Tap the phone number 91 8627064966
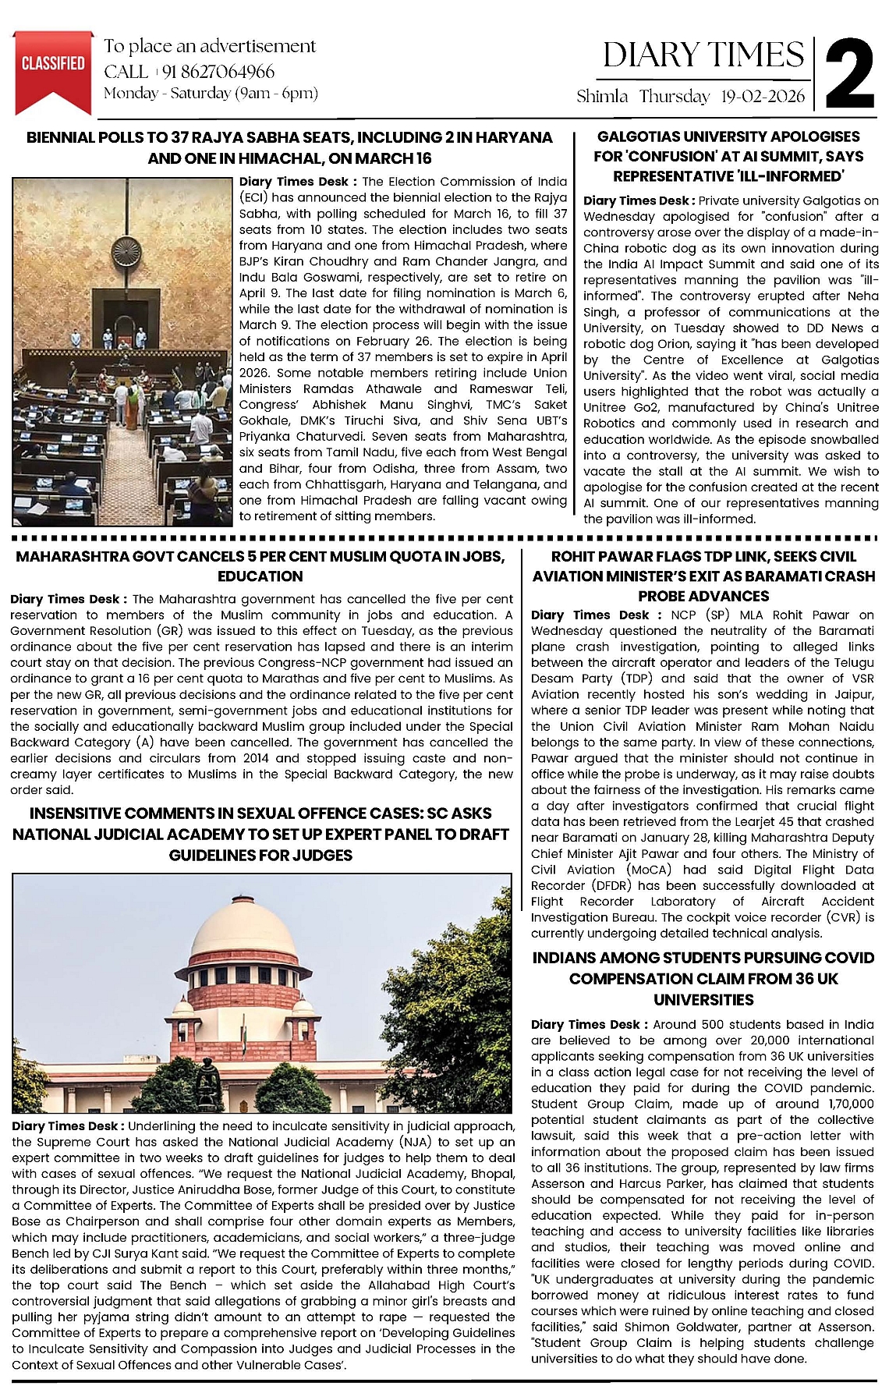coord(218,72)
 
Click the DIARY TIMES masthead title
coord(703,55)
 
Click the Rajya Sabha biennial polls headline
coord(289,147)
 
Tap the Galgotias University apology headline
coord(728,156)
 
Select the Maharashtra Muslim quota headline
coord(260,566)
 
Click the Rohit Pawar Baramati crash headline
coord(703,576)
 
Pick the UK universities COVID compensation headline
coord(703,978)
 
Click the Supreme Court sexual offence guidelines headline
coord(260,834)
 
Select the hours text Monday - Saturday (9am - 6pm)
coord(211,94)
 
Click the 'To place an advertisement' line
coord(211,46)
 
